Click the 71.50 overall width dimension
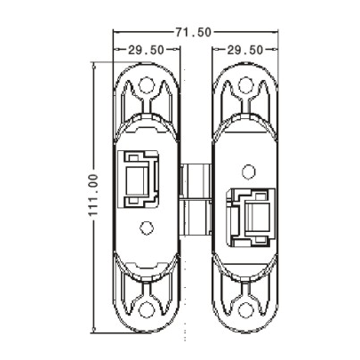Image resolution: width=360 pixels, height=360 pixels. [x=193, y=32]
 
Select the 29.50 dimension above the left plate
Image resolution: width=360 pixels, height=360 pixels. [x=145, y=50]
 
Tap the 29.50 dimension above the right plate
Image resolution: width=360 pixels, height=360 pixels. [x=244, y=50]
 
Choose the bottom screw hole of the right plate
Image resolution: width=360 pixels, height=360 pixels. [x=244, y=310]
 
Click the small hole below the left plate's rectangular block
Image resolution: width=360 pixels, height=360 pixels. [x=148, y=228]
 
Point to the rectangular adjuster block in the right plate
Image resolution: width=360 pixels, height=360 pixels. [x=252, y=216]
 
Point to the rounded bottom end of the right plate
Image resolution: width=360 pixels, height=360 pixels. [x=244, y=328]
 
